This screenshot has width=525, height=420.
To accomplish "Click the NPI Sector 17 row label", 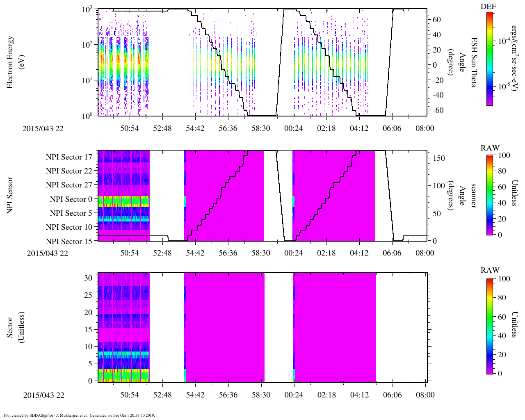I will [x=69, y=157].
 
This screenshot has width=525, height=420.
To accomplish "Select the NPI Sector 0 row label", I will [x=71, y=199].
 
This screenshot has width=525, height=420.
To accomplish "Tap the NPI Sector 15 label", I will [x=69, y=241].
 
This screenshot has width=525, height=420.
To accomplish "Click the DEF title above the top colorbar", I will [x=488, y=7].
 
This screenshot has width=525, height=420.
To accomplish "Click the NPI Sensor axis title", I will [x=11, y=195].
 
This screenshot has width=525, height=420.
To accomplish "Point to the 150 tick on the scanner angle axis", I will [x=439, y=158].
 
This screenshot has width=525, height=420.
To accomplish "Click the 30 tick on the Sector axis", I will [x=88, y=278].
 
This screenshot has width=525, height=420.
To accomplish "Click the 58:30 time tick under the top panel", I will [x=260, y=128].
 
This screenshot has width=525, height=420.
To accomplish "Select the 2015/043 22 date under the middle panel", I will [x=47, y=253].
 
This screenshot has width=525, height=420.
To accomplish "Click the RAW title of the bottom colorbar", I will [x=490, y=270].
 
